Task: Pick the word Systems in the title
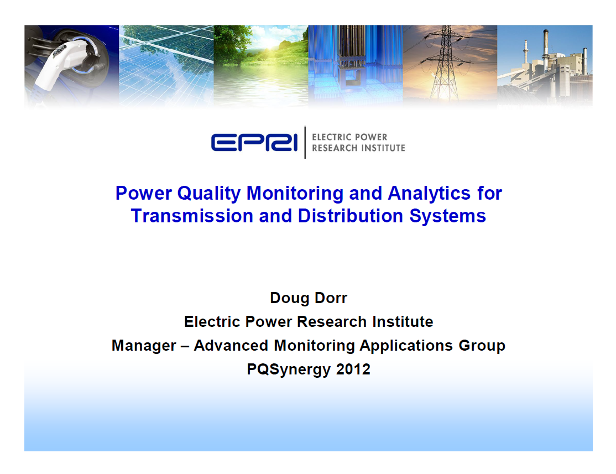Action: point(448,216)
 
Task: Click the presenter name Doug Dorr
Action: point(309,298)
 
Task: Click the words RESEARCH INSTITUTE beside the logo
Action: point(358,148)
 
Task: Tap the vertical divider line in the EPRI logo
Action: point(305,142)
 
